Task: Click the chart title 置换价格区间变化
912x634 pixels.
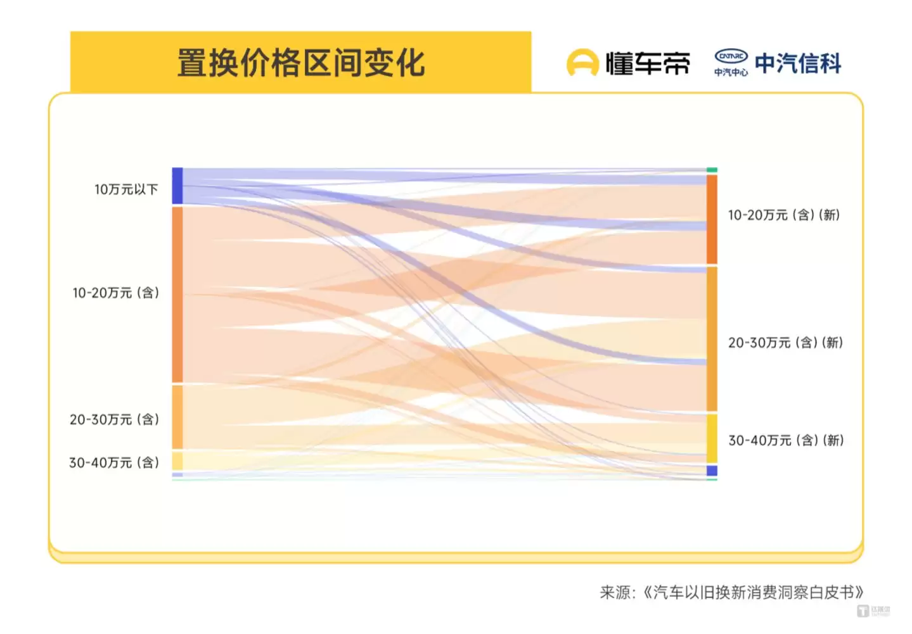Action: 300,63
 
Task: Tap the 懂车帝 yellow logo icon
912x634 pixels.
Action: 582,63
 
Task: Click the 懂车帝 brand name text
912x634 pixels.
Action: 647,63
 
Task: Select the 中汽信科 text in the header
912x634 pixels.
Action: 798,63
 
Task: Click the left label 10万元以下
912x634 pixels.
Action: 126,189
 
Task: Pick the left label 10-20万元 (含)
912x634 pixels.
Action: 116,293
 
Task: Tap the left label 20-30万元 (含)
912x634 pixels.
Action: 115,419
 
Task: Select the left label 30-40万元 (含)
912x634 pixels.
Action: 114,462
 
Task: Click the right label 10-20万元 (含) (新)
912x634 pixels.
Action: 783,215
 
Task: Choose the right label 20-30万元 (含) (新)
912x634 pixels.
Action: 785,343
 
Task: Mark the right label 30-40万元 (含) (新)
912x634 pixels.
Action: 786,440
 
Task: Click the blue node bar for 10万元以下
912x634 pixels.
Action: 177,186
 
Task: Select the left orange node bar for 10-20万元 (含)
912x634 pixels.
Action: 177,295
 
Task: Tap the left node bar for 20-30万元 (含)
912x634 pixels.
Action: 177,417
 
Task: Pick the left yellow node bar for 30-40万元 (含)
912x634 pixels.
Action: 177,460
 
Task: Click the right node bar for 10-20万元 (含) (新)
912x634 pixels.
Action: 712,219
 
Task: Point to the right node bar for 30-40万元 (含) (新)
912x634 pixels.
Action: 712,438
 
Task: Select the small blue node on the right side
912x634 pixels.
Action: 712,471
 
